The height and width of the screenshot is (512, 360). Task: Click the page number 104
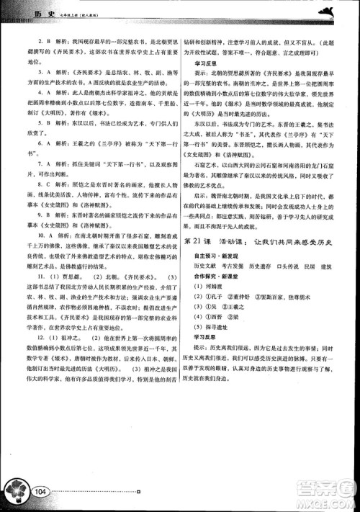pyautogui.click(x=39, y=491)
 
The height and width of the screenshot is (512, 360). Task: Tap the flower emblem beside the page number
pyautogui.click(x=16, y=491)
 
